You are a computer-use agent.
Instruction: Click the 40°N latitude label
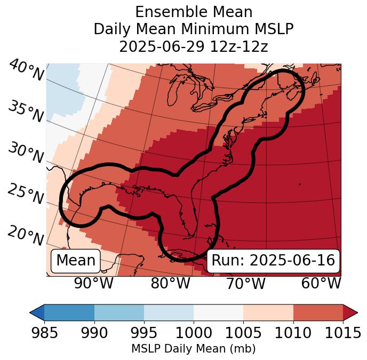point(26,72)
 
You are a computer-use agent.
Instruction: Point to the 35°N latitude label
point(25,111)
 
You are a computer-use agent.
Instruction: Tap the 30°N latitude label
point(25,153)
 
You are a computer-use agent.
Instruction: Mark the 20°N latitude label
point(25,236)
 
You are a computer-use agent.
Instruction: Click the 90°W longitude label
point(94,283)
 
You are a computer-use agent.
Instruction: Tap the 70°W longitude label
point(245,283)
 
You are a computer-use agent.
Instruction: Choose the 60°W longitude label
point(321,283)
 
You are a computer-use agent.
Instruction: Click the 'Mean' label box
point(76,261)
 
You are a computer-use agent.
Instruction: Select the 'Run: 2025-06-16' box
point(273,261)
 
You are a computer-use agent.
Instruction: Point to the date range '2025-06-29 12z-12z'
point(193,46)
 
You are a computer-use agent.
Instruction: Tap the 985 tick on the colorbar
point(45,333)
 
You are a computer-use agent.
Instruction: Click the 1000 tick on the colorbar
point(194,333)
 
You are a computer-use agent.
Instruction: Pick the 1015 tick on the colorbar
point(342,333)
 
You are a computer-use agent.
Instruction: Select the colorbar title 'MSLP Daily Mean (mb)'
point(193,349)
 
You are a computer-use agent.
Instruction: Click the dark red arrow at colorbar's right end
point(350,312)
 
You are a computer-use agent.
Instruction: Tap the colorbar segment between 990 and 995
point(119,312)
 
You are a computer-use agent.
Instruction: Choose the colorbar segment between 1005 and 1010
point(268,312)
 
